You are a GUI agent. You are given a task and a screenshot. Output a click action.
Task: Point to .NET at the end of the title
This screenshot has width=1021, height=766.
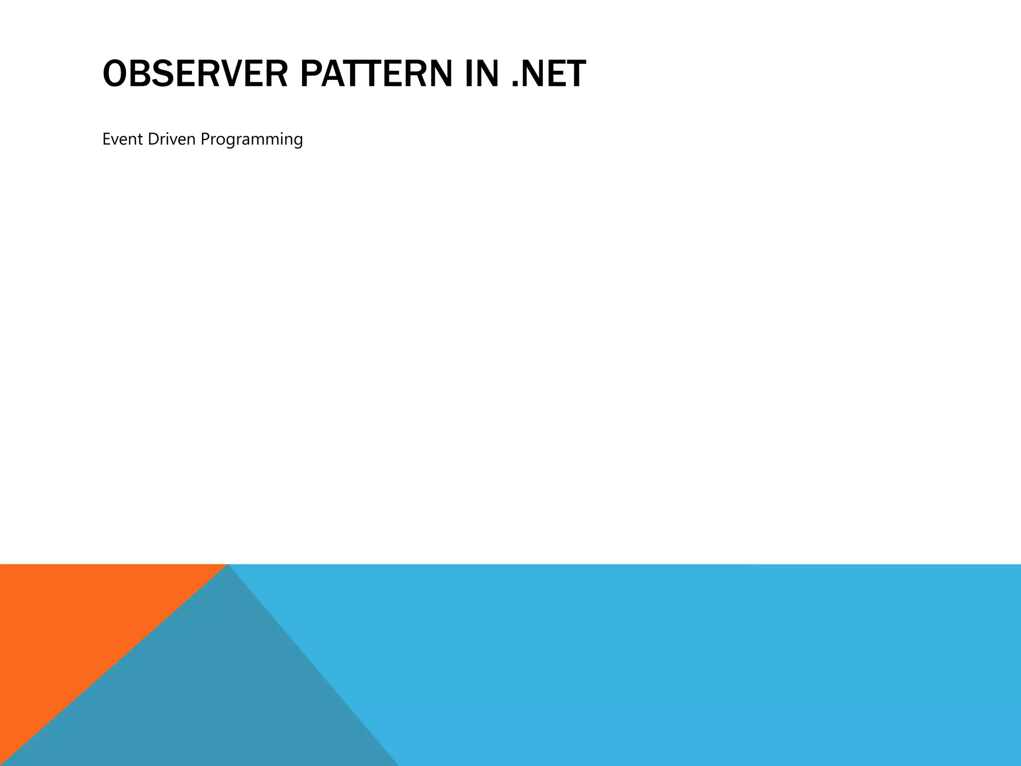549,74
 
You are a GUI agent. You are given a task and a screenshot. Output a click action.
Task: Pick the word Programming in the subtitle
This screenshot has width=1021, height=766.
252,140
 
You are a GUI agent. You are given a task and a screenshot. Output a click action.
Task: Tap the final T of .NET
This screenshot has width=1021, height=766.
575,74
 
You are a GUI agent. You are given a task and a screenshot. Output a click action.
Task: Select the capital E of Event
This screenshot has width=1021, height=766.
106,139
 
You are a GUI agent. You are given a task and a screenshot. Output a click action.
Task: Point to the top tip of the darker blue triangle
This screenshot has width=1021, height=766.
228,566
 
